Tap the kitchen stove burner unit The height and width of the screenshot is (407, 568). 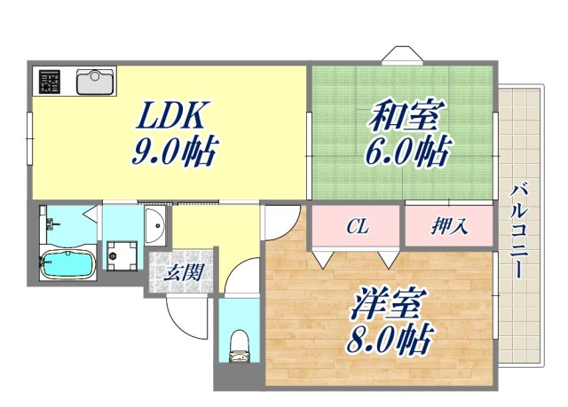(x=50, y=82)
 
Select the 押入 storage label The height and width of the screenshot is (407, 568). (x=450, y=228)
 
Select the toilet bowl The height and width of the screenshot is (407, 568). (x=238, y=344)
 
